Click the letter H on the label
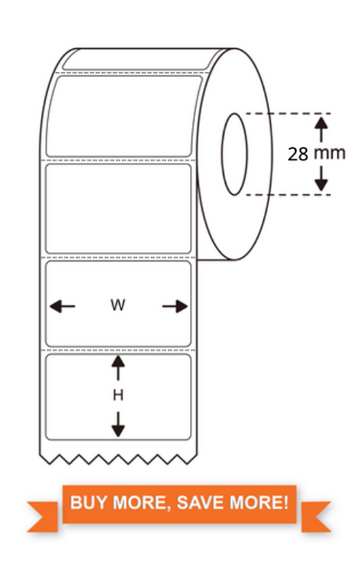coord(119,395)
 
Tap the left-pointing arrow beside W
coord(62,306)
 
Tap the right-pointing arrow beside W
coord(175,306)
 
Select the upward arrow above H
coord(119,369)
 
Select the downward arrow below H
coord(119,421)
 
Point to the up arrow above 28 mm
coord(322,128)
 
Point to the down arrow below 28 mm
coord(322,178)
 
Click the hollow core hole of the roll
coord(234,154)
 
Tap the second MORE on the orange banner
coord(257,502)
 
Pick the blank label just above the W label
coord(118,208)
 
